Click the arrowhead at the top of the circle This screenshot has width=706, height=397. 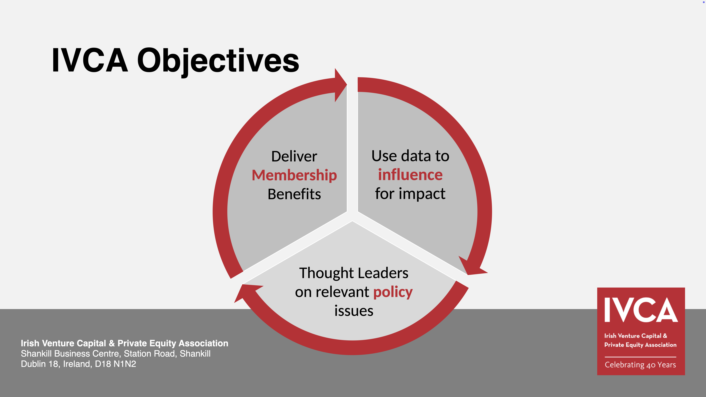coord(341,85)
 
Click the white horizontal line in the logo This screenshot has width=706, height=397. coord(641,357)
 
